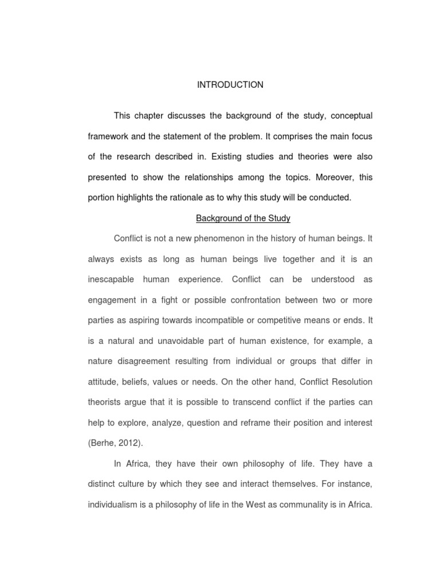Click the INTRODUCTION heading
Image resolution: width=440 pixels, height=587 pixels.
pos(230,85)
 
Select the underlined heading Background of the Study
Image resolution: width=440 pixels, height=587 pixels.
pos(243,218)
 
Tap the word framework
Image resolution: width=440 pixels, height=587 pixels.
pos(109,136)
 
